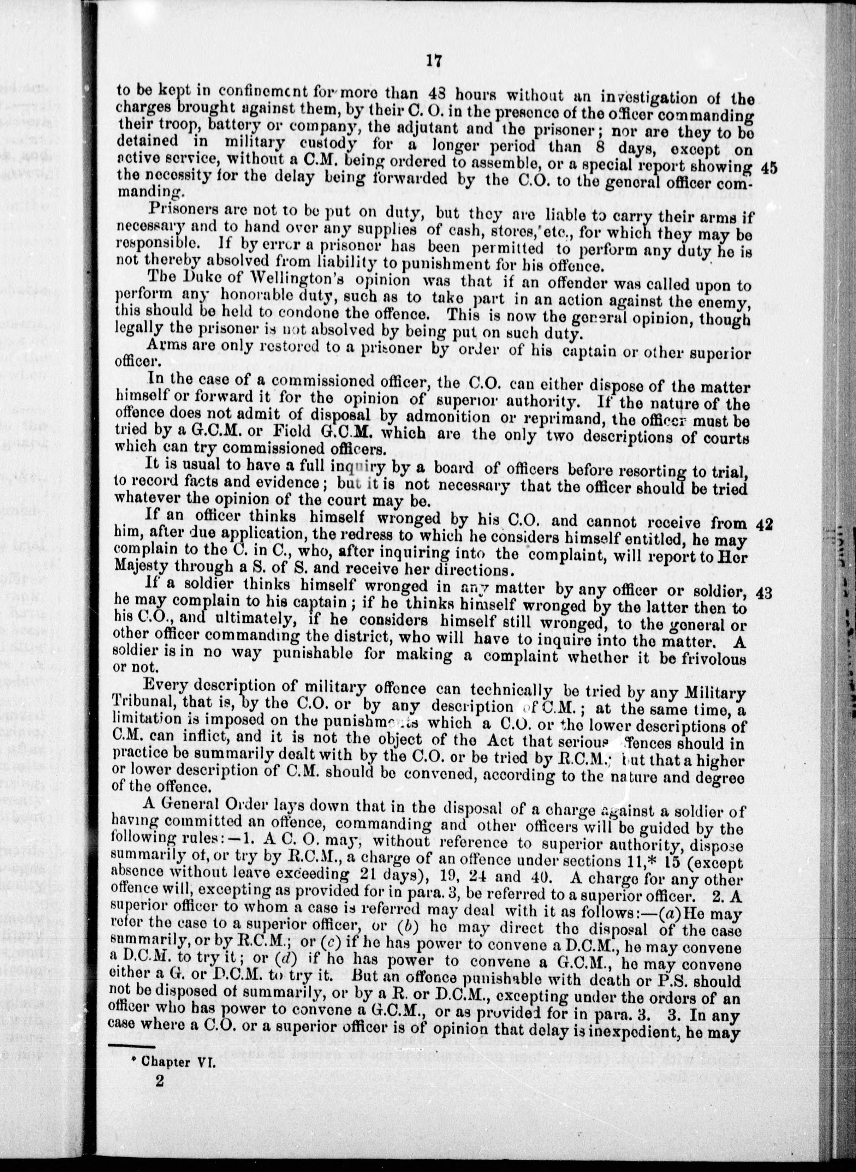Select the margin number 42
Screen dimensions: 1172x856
[x=765, y=524]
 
